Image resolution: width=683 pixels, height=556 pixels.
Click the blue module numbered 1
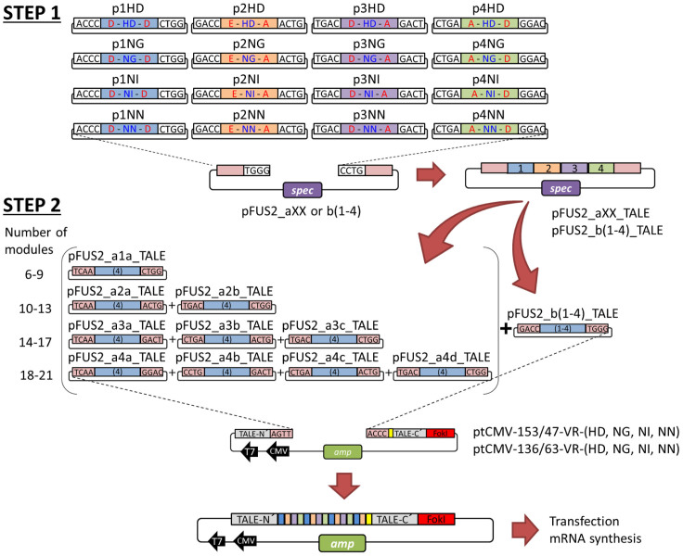[524, 170]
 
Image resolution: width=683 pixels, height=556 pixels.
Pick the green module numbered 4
[603, 170]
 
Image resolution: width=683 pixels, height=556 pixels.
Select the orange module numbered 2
[550, 170]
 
